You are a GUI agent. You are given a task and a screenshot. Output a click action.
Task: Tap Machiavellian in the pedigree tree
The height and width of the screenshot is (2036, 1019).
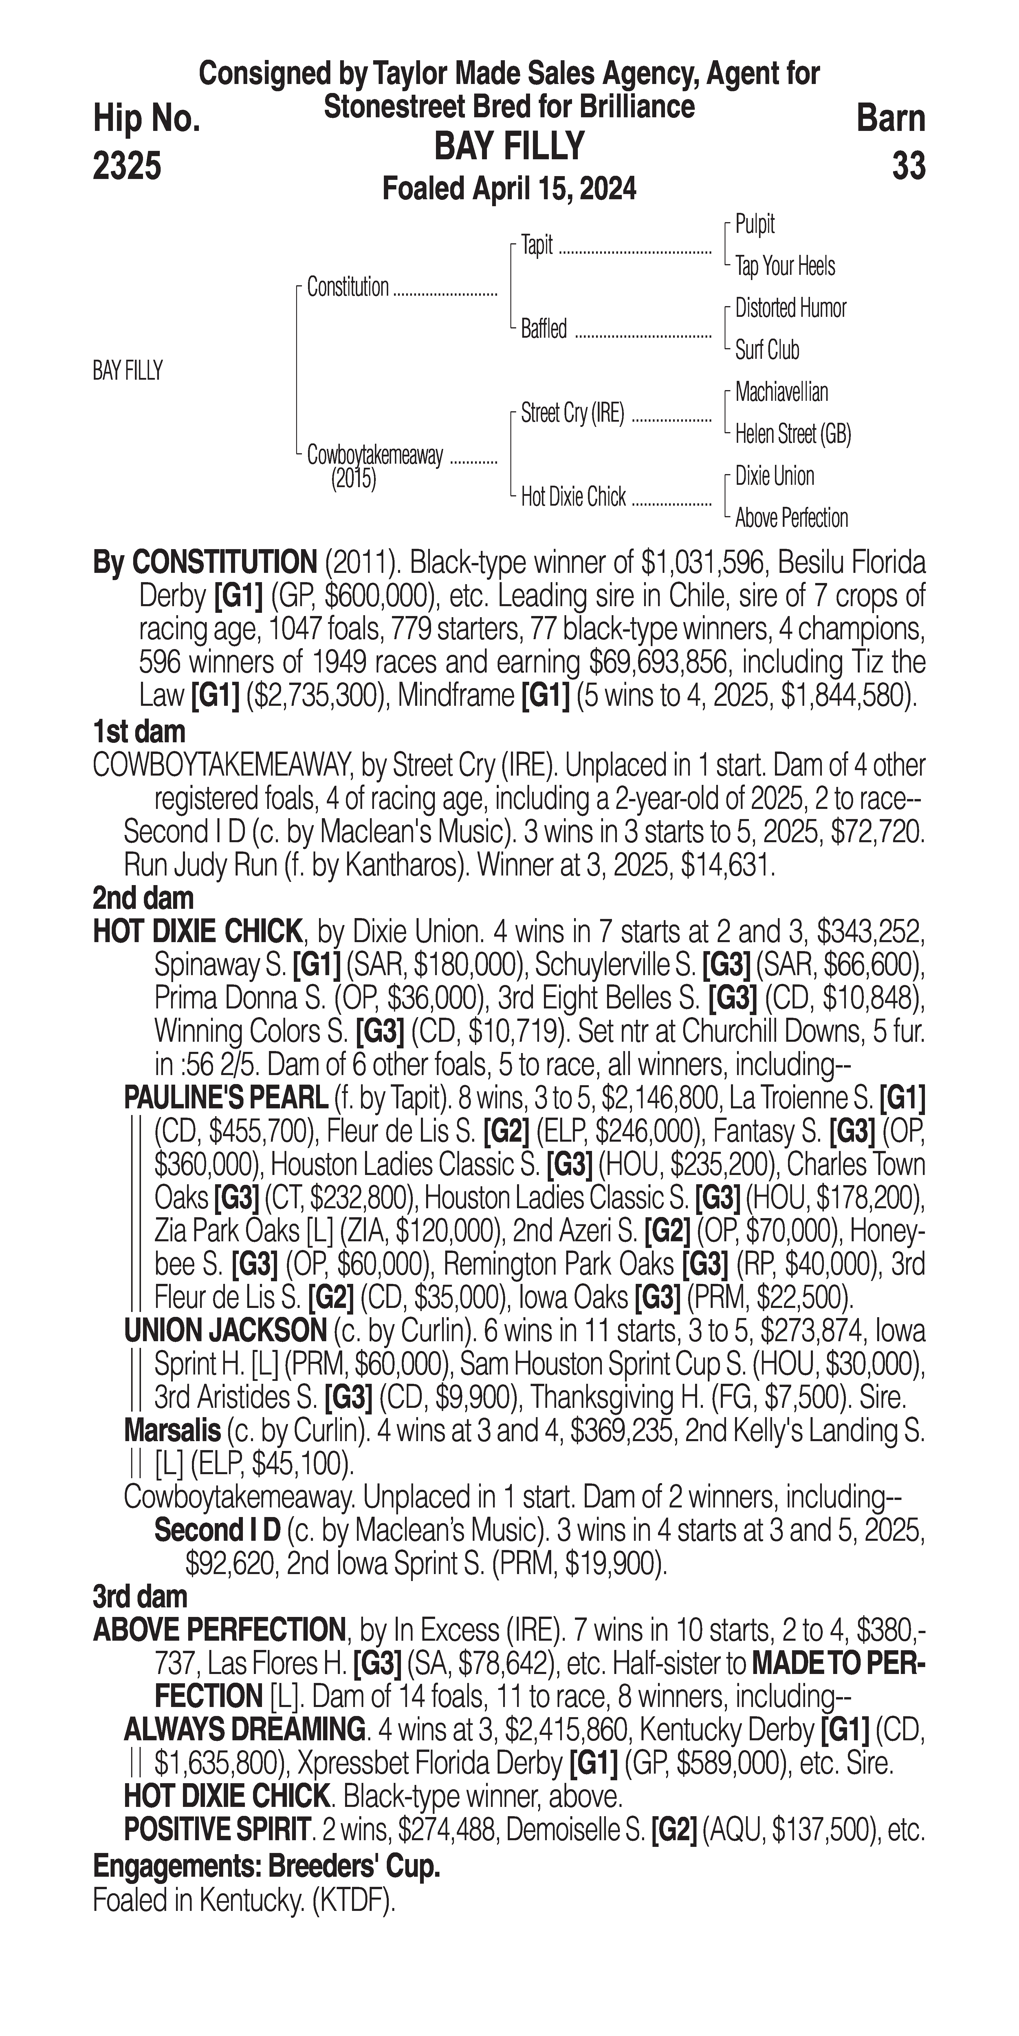pyautogui.click(x=781, y=392)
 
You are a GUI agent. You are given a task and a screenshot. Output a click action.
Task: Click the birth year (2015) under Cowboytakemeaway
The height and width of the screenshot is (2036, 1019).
pyautogui.click(x=353, y=480)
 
